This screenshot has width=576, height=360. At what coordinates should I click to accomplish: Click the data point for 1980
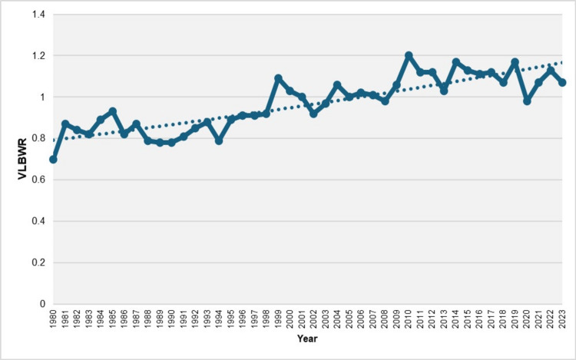tap(53, 160)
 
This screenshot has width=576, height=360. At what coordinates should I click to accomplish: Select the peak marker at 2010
tap(409, 55)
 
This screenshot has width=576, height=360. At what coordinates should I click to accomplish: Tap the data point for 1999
tap(278, 78)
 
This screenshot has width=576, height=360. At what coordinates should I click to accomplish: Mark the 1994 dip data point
tap(219, 140)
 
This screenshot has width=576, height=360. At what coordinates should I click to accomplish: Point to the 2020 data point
tap(527, 101)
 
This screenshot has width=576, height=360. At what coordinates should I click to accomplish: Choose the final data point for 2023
tap(562, 83)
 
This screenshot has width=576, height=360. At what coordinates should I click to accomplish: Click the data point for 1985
tap(112, 111)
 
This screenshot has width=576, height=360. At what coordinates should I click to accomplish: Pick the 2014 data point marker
tap(456, 61)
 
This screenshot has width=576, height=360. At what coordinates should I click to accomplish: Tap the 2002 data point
tap(313, 114)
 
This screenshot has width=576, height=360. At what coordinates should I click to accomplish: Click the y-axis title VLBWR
tap(22, 159)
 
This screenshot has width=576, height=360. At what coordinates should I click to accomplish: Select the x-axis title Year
tap(307, 339)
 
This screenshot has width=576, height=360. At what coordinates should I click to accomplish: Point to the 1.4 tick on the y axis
tap(38, 15)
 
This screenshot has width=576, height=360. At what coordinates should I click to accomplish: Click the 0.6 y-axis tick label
tap(38, 180)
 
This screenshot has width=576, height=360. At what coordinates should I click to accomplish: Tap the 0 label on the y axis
tap(42, 304)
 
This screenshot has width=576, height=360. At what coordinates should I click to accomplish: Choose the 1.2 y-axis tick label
tap(38, 56)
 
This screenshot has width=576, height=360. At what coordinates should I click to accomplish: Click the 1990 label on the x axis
tap(171, 319)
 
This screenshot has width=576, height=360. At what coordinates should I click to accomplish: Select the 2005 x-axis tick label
tap(349, 319)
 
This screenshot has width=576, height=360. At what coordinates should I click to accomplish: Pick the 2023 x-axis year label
tap(562, 319)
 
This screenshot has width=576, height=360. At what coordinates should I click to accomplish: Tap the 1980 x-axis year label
tap(53, 319)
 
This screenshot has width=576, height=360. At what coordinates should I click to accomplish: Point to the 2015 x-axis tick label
tap(468, 319)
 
